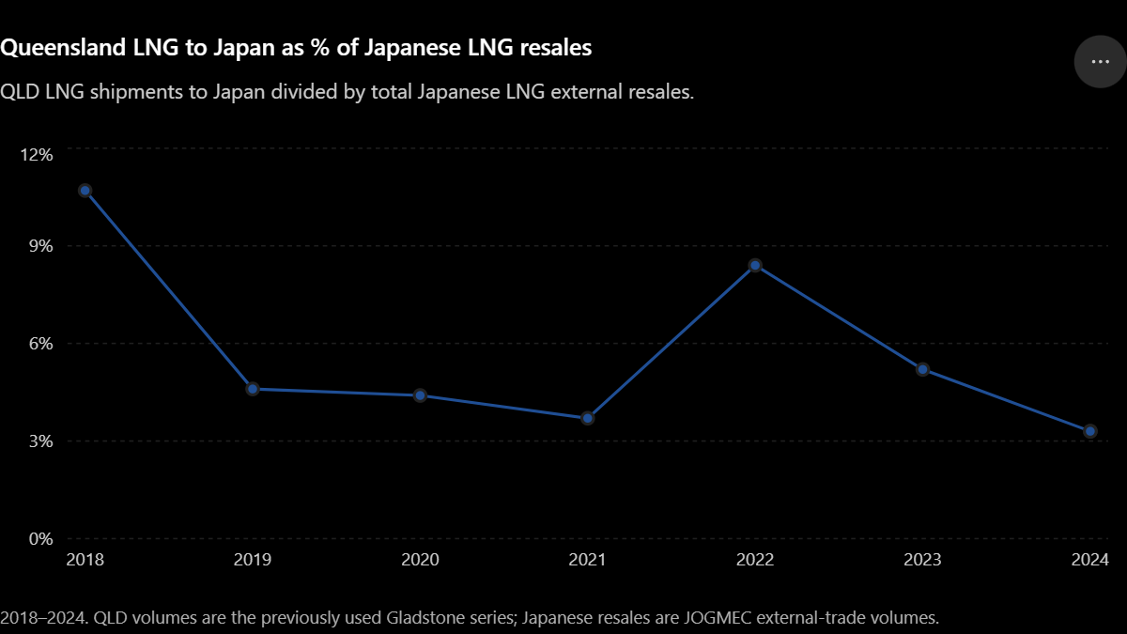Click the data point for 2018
pyautogui.click(x=85, y=191)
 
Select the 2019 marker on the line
pyautogui.click(x=253, y=389)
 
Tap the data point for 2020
pyautogui.click(x=420, y=395)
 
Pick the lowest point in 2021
pyautogui.click(x=587, y=418)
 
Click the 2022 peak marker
pyautogui.click(x=755, y=265)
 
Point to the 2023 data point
pyautogui.click(x=922, y=369)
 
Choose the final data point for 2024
pyautogui.click(x=1089, y=431)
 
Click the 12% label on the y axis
pyautogui.click(x=37, y=155)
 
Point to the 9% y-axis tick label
pyautogui.click(x=40, y=246)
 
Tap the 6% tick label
pyautogui.click(x=40, y=344)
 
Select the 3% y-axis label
pyautogui.click(x=40, y=441)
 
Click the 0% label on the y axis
pyautogui.click(x=40, y=539)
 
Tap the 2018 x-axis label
pyautogui.click(x=85, y=560)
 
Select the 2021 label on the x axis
pyautogui.click(x=587, y=560)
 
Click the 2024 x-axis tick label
pyautogui.click(x=1089, y=560)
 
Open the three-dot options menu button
pyautogui.click(x=1101, y=62)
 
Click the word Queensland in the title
pyautogui.click(x=63, y=48)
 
